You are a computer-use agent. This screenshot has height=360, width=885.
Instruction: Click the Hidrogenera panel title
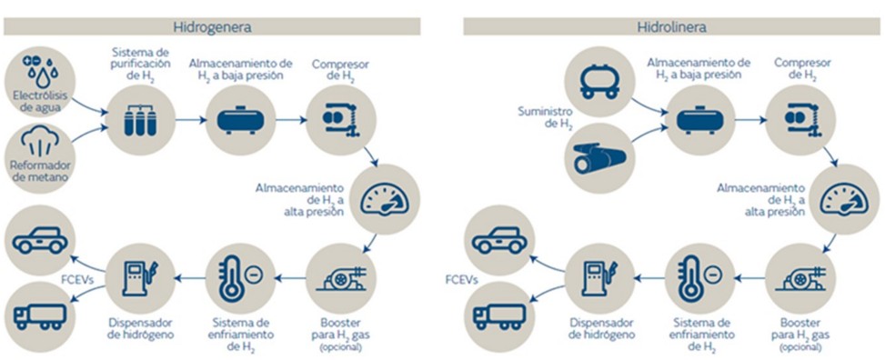tap(211, 26)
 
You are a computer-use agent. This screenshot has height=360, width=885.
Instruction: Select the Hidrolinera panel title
tap(672, 26)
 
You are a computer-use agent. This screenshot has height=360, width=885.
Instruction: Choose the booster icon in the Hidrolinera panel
tap(799, 279)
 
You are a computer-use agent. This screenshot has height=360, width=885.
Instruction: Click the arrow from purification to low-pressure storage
tap(186, 119)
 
